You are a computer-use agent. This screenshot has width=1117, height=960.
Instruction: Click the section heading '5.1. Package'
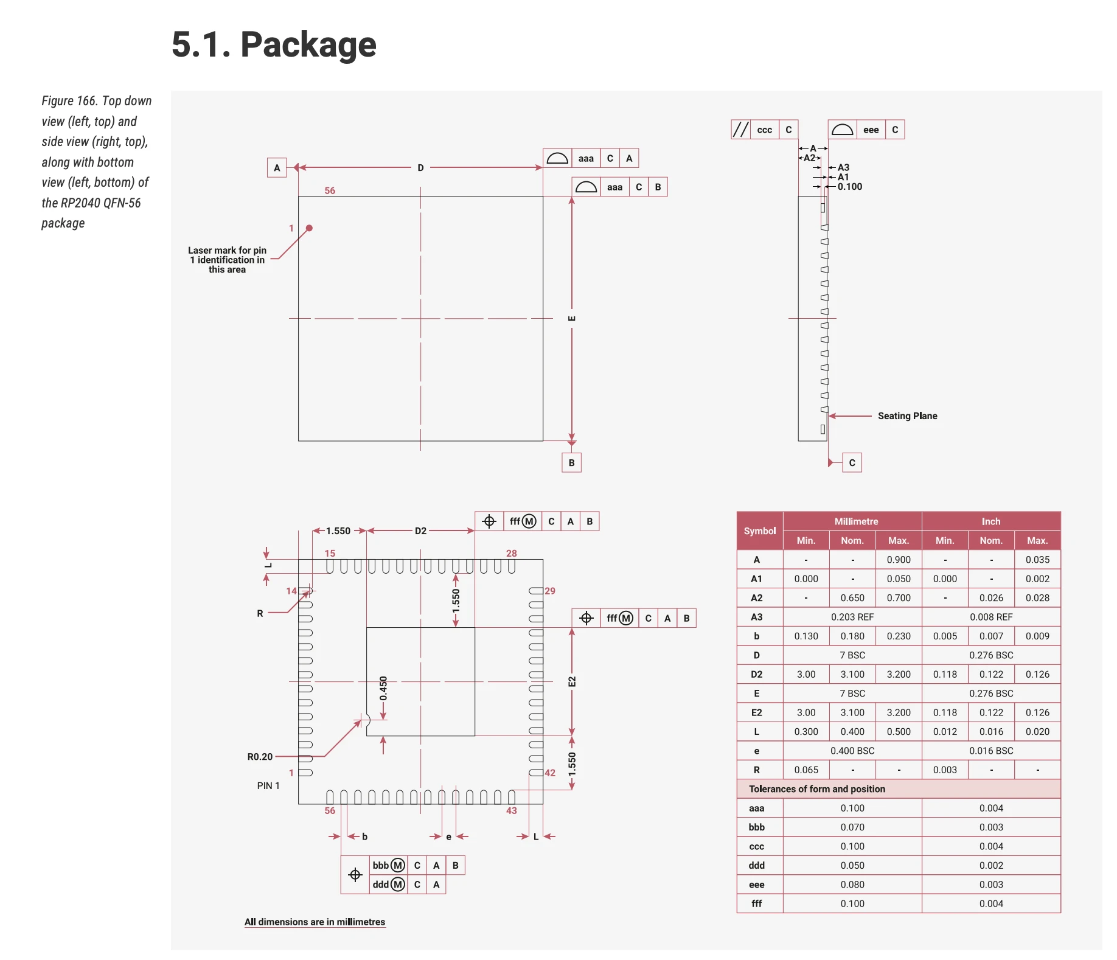(274, 44)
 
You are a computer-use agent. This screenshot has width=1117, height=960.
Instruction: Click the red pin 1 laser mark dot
(309, 228)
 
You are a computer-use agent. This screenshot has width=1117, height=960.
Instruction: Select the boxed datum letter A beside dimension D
(277, 168)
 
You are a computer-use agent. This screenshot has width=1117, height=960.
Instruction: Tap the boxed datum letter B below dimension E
(571, 463)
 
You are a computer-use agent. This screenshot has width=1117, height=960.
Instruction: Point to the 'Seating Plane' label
(907, 416)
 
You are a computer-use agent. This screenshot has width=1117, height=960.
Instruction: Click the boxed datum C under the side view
(852, 463)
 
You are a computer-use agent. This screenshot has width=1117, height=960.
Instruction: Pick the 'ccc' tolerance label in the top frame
(764, 130)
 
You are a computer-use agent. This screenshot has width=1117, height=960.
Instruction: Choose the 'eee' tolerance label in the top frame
(871, 130)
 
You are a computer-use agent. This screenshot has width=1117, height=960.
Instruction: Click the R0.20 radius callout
(260, 757)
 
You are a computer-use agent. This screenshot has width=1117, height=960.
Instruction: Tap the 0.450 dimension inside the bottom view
(383, 688)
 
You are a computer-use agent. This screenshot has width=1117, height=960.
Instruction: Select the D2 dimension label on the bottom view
(420, 531)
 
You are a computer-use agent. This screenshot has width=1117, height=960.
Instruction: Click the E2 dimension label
(572, 681)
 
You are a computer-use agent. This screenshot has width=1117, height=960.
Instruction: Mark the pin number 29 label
(550, 591)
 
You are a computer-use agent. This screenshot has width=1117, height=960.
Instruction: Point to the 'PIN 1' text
(268, 786)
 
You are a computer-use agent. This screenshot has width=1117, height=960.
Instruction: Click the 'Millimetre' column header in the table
(856, 521)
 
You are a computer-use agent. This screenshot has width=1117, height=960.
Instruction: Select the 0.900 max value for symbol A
(899, 560)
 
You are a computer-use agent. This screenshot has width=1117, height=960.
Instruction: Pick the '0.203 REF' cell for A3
(852, 617)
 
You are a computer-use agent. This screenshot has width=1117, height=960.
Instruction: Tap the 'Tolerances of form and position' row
(816, 789)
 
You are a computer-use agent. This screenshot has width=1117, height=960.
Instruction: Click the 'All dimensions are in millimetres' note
(315, 922)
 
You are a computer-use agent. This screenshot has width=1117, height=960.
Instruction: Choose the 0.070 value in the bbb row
(852, 827)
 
